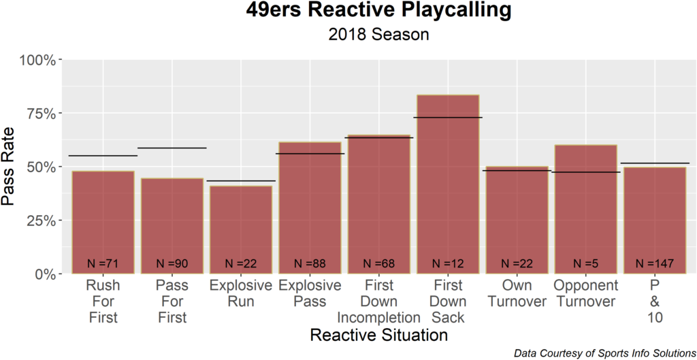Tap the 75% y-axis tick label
click(x=42, y=114)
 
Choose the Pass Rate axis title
click(x=12, y=167)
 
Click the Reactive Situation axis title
click(x=378, y=335)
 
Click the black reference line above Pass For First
click(x=172, y=148)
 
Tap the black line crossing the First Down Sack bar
click(x=448, y=118)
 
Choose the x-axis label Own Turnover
click(x=517, y=293)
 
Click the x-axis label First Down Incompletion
click(x=378, y=301)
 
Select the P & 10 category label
click(x=654, y=301)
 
